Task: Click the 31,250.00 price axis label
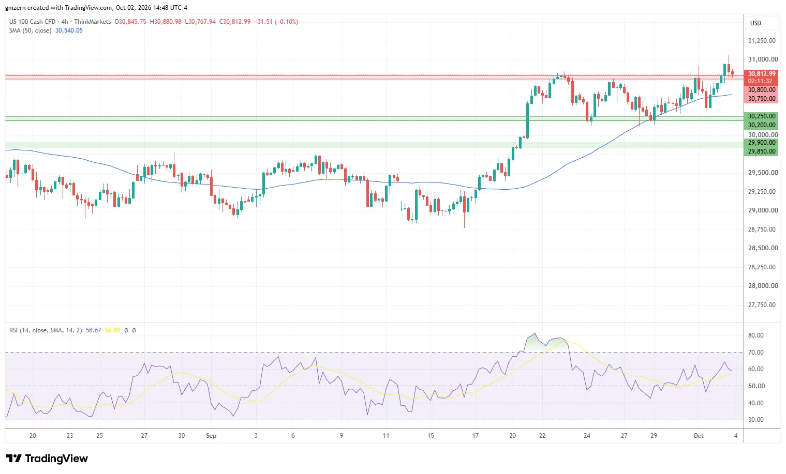point(762,41)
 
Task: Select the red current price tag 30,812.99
point(762,73)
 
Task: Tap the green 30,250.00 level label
point(762,116)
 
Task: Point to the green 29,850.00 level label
point(762,151)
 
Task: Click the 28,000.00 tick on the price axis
point(762,286)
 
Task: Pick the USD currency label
point(755,23)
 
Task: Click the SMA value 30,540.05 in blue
point(69,30)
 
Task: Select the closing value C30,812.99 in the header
point(235,22)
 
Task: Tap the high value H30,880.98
point(166,22)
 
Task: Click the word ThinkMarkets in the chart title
point(93,22)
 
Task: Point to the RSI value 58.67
point(93,330)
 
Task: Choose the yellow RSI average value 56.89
point(112,330)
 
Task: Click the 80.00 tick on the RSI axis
point(756,335)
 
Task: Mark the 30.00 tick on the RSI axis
point(756,420)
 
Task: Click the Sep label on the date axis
point(211,436)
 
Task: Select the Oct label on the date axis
point(698,436)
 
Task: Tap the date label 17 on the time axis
point(475,436)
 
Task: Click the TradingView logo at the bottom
point(47,458)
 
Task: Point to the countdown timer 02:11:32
point(760,81)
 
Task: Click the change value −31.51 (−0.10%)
point(276,22)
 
